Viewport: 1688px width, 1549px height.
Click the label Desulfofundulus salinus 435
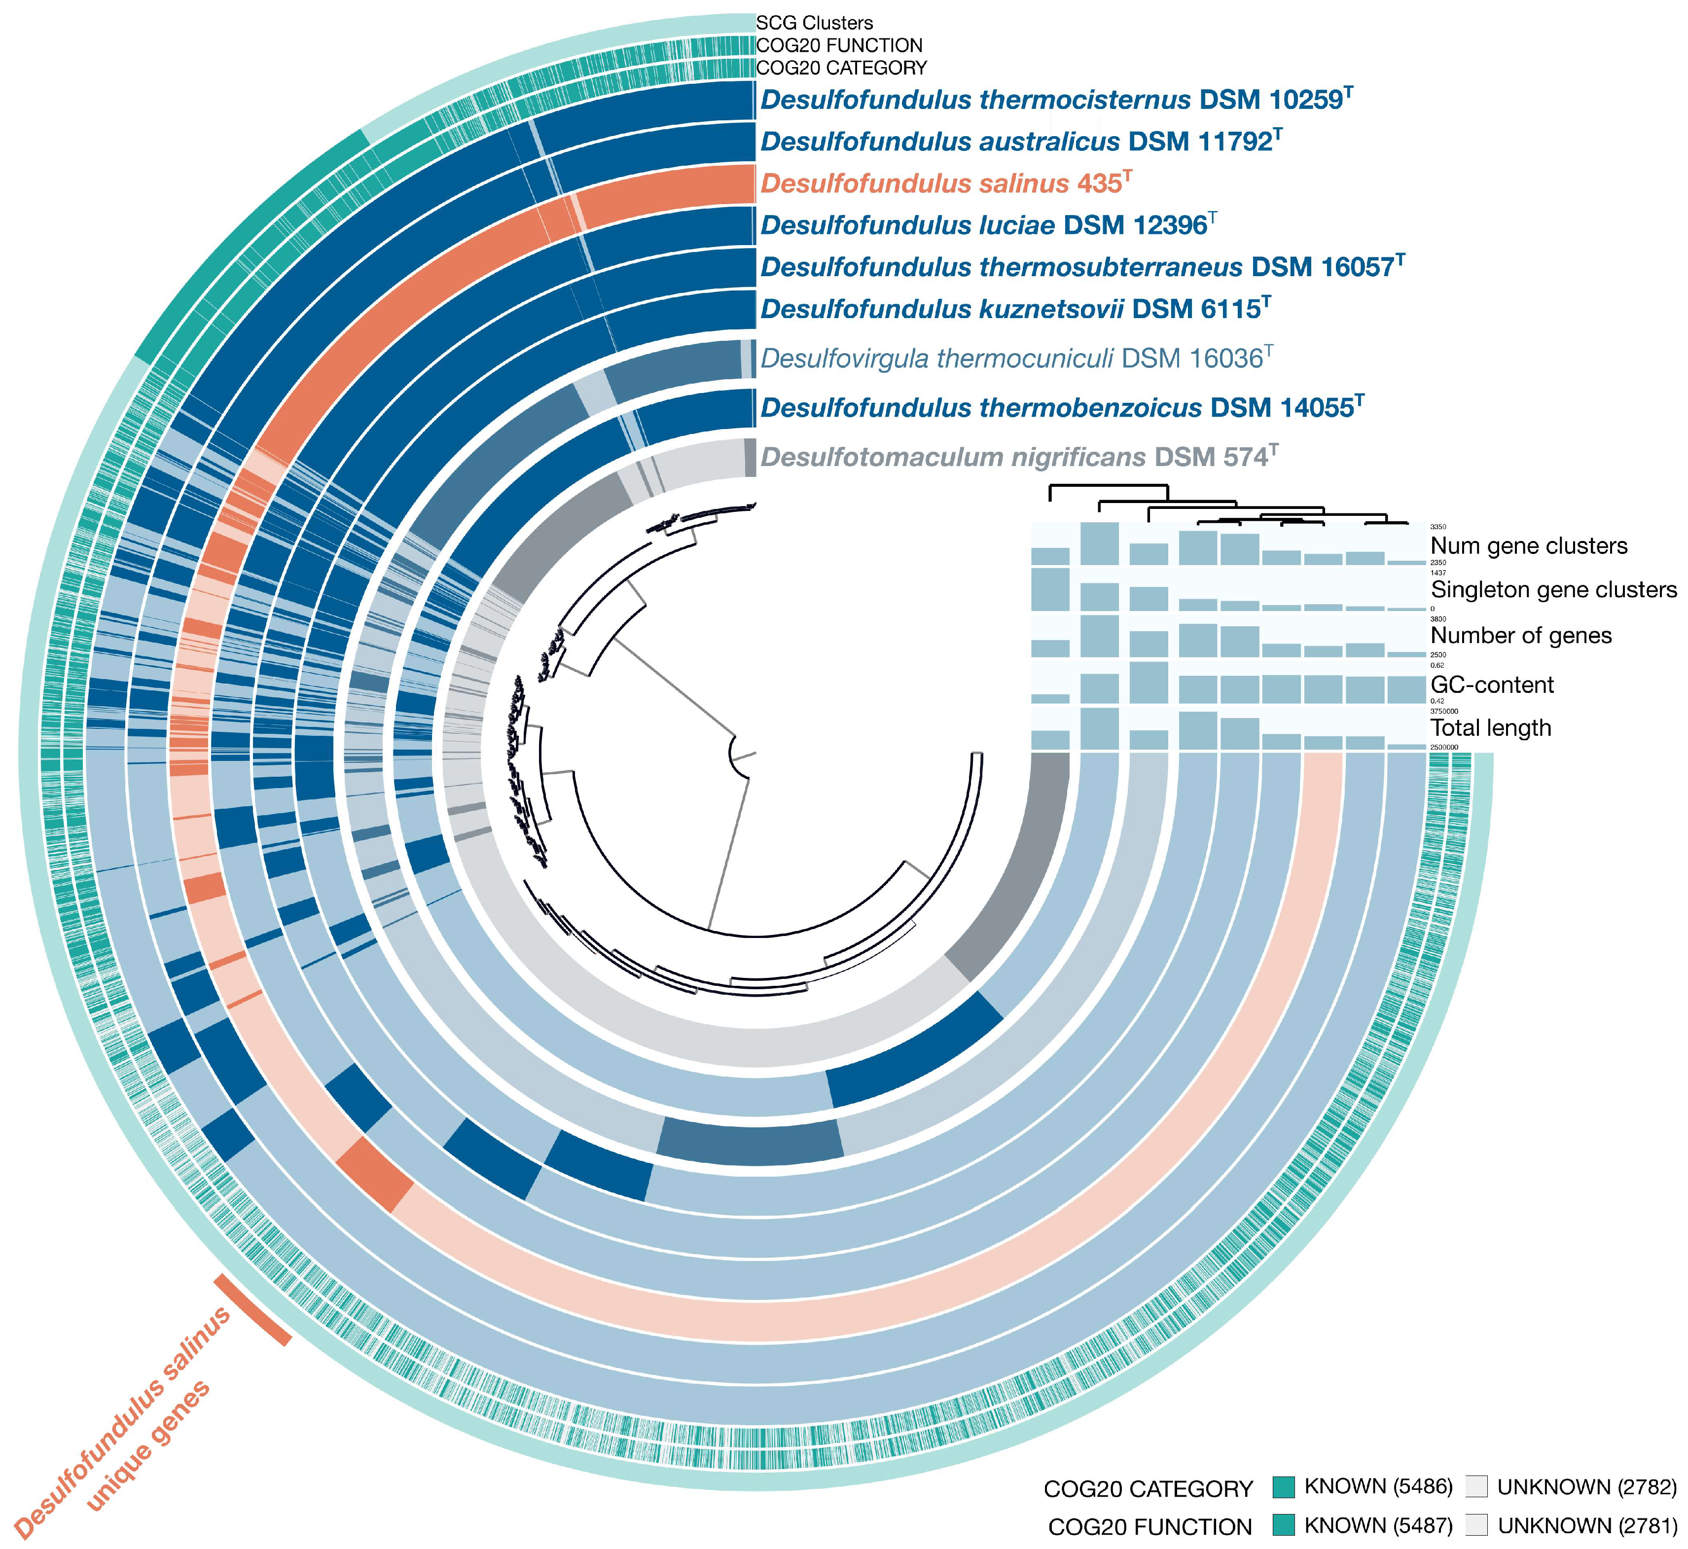(x=945, y=183)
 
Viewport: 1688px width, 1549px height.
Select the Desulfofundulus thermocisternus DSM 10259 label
(x=1056, y=100)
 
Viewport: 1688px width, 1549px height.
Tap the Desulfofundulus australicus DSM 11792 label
(x=1021, y=142)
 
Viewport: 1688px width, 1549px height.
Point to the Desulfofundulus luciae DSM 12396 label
(x=987, y=225)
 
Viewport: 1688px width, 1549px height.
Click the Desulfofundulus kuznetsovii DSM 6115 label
(x=1014, y=309)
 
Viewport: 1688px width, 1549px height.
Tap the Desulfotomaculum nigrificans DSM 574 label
(x=1018, y=458)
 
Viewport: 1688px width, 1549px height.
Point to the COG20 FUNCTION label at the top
(x=839, y=45)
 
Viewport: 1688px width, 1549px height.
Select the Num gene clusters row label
(x=1529, y=546)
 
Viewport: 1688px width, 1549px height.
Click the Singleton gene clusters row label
(x=1553, y=590)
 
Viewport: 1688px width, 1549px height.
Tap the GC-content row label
(x=1491, y=685)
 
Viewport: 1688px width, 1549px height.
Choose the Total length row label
(x=1490, y=727)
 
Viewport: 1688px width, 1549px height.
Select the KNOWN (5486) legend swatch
(x=1283, y=1487)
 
